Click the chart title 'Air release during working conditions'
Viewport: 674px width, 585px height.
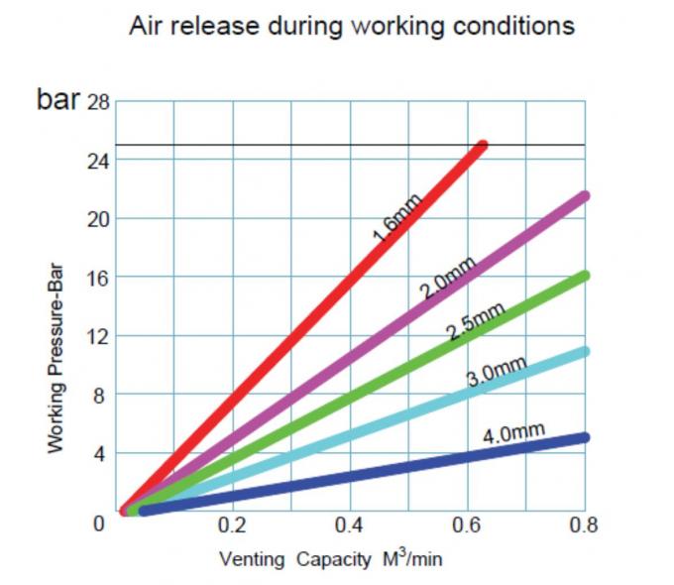coord(352,26)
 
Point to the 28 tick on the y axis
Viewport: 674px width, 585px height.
coord(98,103)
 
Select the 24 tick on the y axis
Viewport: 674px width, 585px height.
coord(98,161)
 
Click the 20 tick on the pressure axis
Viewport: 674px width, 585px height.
coord(98,219)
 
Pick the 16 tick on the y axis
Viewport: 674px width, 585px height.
coord(98,278)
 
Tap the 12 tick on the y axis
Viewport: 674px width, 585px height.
coord(98,336)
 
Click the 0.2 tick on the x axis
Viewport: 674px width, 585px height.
coord(232,523)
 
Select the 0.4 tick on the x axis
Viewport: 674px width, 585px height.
coord(349,523)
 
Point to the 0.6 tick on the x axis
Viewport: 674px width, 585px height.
coord(466,523)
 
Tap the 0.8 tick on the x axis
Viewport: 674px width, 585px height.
coord(583,523)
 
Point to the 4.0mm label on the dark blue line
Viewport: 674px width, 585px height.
coord(514,433)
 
